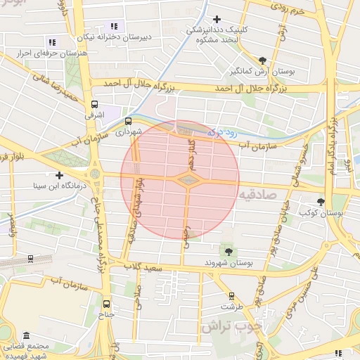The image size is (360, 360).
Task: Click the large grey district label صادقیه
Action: point(262,193)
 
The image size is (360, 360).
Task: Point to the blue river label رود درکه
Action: point(224,131)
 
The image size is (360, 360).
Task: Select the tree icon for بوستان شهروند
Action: point(228,251)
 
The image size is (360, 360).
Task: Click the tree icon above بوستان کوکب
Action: point(321,202)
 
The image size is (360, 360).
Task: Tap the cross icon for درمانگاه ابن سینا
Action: point(59,175)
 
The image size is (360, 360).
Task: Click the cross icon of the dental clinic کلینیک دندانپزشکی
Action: point(217,19)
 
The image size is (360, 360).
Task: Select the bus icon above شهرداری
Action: point(127,121)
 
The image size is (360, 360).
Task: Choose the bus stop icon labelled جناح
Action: point(106,304)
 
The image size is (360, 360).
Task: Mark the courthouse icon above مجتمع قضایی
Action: point(27,335)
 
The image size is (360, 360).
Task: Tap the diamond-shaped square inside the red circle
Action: point(186,181)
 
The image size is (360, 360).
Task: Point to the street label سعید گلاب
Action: point(143,267)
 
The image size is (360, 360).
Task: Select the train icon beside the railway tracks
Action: point(30,258)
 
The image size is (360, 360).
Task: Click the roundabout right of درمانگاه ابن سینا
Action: point(94,174)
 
